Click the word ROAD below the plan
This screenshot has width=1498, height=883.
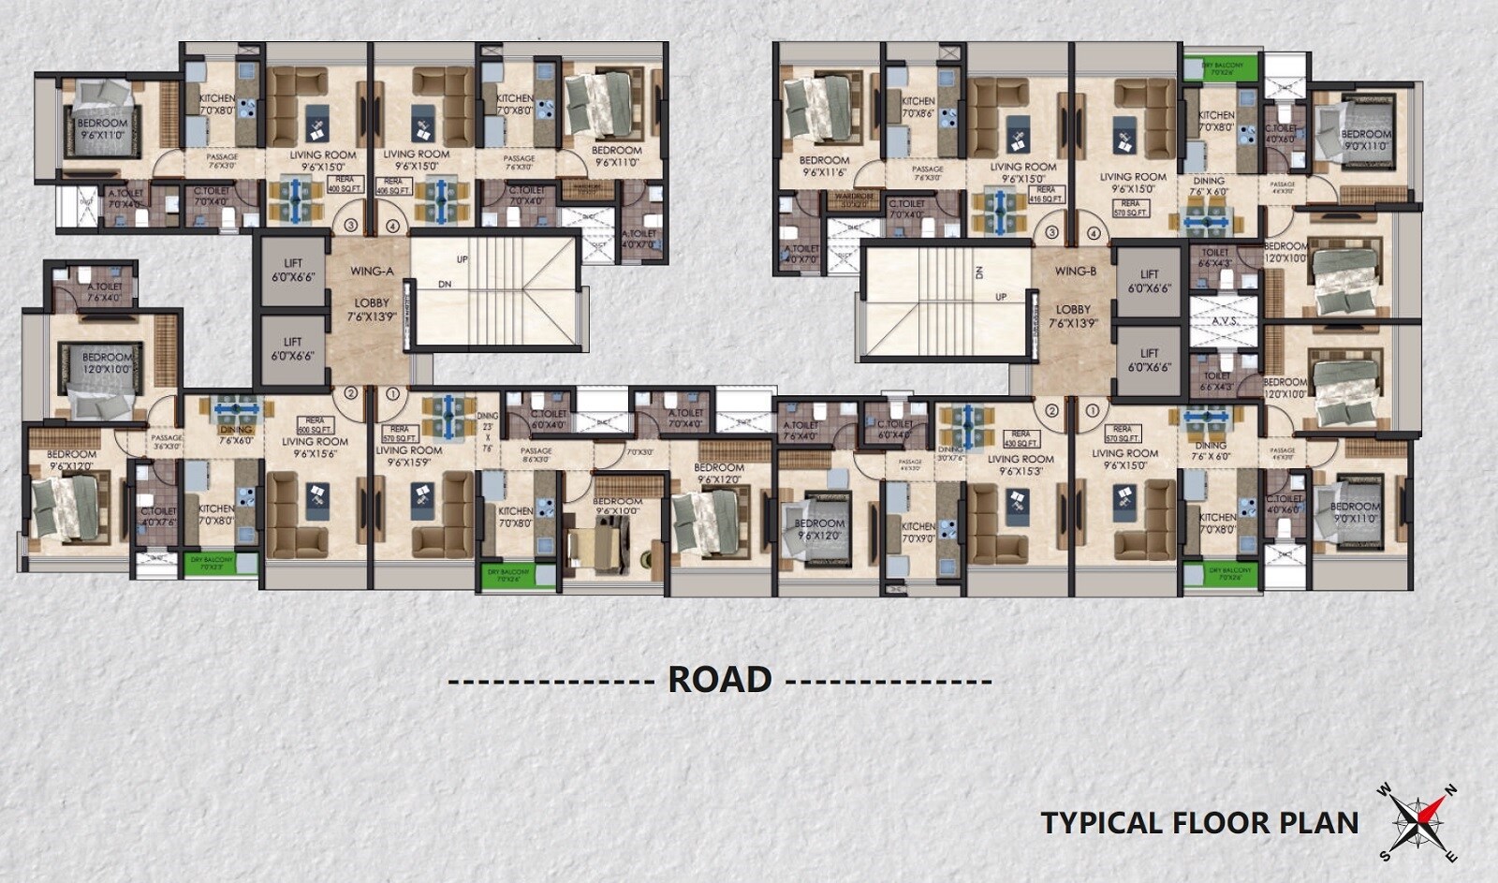click(x=719, y=679)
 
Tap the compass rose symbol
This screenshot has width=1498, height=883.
click(x=1417, y=821)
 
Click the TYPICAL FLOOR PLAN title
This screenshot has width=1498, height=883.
click(x=1199, y=823)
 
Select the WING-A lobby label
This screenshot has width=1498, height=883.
click(x=372, y=272)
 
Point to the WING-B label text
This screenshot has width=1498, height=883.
click(x=1074, y=272)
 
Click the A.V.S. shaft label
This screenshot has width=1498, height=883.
click(x=1225, y=321)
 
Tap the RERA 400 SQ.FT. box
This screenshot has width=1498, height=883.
click(x=345, y=184)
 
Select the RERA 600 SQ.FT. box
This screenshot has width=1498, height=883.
click(x=315, y=424)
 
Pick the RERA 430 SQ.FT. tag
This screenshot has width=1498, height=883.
click(x=1021, y=438)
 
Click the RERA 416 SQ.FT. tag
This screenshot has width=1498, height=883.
click(x=1046, y=194)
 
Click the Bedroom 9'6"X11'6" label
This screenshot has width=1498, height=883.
click(x=824, y=166)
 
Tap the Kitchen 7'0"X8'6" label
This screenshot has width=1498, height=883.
click(x=918, y=107)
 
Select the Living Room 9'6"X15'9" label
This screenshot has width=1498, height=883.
click(x=408, y=456)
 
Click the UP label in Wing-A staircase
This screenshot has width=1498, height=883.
click(x=462, y=259)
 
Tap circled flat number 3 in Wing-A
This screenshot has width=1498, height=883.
click(x=350, y=226)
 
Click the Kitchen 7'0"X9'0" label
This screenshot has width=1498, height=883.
click(x=918, y=532)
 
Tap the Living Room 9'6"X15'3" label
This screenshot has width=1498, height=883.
click(x=1021, y=464)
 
